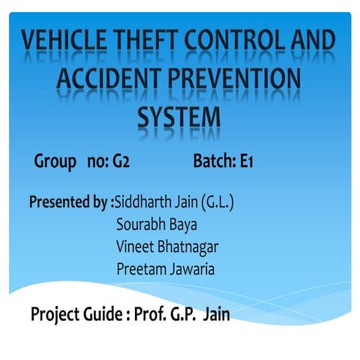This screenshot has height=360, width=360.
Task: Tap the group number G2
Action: pos(122,160)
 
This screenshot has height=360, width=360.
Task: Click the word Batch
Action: pos(213,160)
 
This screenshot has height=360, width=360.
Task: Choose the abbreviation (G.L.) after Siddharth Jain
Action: pos(218,202)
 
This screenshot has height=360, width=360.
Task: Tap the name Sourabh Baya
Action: pos(156,224)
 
